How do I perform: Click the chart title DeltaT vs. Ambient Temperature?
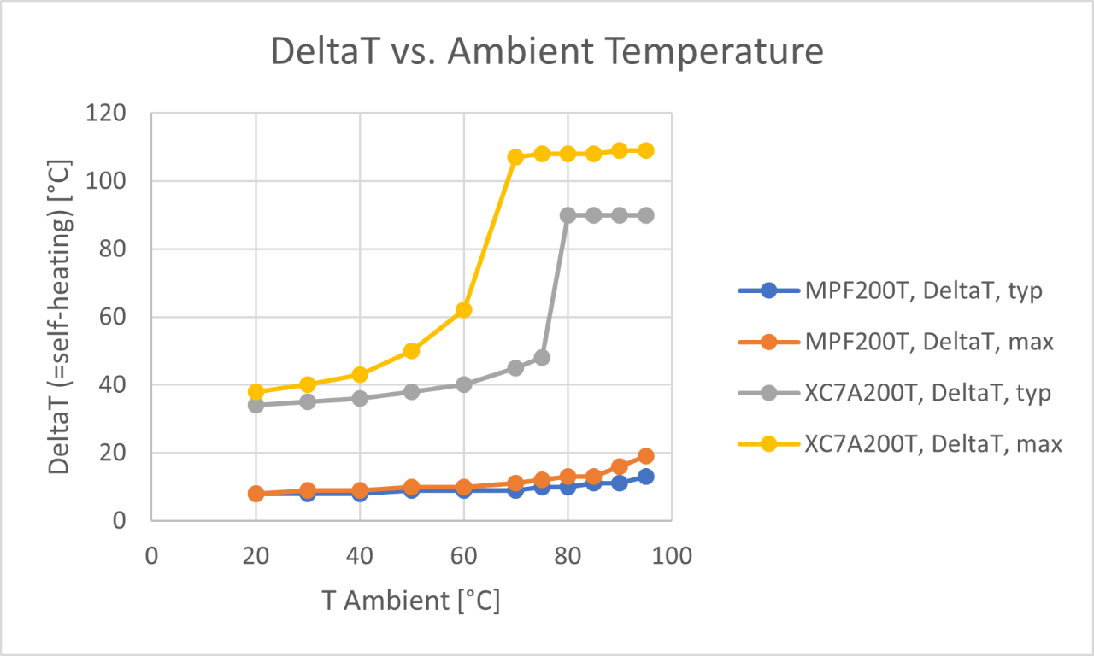coord(547,51)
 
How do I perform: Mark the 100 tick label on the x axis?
coord(671,555)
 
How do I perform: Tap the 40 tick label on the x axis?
coord(359,555)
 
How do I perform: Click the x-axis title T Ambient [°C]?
coord(411,600)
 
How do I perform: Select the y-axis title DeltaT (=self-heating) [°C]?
coord(60,316)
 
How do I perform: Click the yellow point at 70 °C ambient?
coord(515,157)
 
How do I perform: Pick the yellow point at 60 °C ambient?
coord(463,310)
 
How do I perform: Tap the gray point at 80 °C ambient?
coord(568,215)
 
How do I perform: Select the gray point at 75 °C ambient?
coord(542,357)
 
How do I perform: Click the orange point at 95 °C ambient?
coord(645,456)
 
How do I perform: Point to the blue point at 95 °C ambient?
coord(645,477)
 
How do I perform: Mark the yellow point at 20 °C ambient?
coord(256,392)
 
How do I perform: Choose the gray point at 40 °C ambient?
coord(359,398)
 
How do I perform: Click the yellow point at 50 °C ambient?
coord(411,350)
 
